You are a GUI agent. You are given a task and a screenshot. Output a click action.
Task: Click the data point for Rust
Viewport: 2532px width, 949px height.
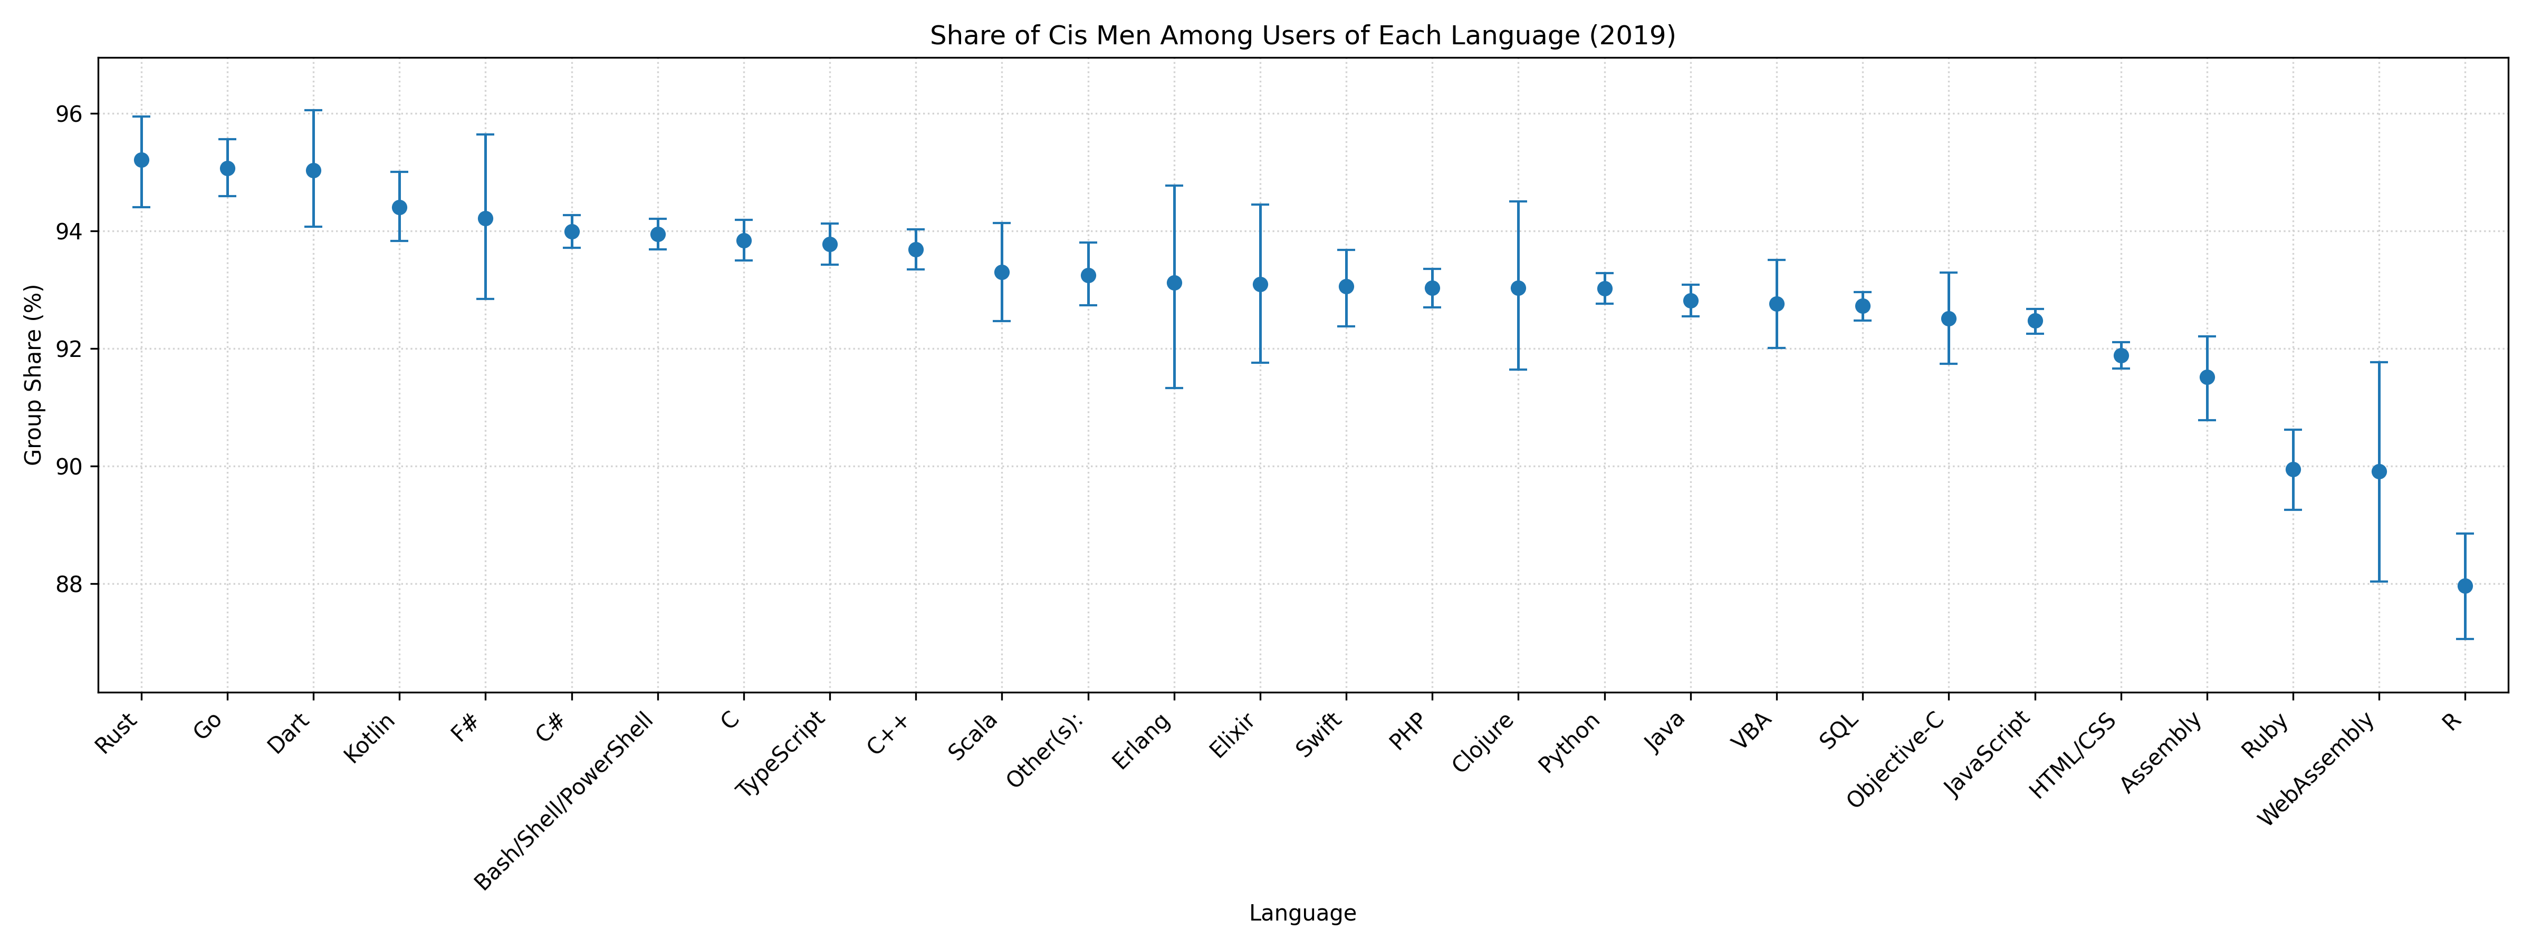click(141, 160)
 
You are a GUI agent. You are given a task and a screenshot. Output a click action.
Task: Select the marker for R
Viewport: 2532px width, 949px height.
click(2465, 586)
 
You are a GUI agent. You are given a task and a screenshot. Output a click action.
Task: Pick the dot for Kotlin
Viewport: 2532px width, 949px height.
click(400, 207)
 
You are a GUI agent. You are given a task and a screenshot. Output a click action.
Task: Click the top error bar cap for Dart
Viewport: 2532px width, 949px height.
click(313, 111)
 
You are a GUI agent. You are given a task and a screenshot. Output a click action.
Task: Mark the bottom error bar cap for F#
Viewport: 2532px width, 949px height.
click(485, 298)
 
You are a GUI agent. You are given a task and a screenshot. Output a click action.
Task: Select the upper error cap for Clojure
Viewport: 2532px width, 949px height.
click(1519, 201)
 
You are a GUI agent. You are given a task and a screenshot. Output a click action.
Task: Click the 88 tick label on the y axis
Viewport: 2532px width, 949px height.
click(69, 585)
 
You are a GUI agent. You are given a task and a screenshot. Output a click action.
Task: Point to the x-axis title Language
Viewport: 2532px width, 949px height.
click(1302, 914)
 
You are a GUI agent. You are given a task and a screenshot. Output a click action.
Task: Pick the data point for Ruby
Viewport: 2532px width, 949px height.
click(2293, 470)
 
